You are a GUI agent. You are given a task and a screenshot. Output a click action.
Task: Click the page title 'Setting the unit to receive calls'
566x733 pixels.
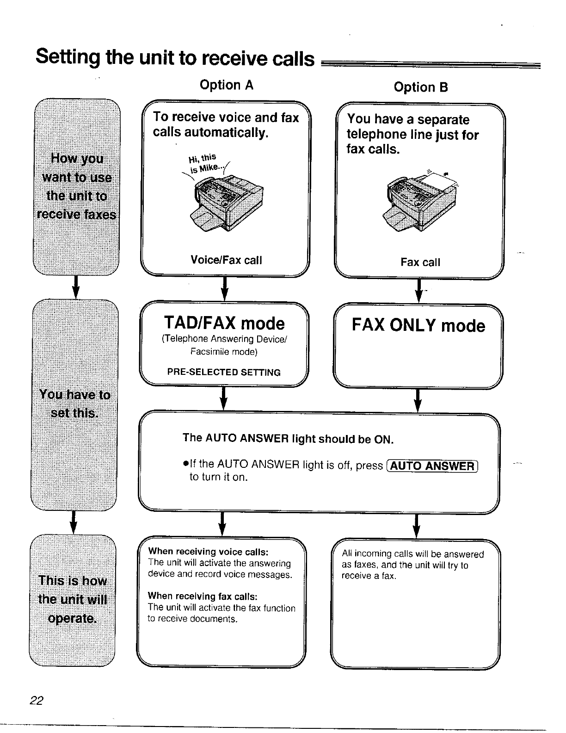[175, 58]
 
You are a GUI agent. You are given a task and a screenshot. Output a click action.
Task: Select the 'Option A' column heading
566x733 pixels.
[226, 85]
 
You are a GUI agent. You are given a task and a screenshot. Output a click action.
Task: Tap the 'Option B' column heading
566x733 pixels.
[421, 87]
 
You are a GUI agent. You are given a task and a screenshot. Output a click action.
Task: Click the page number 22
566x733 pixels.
[36, 701]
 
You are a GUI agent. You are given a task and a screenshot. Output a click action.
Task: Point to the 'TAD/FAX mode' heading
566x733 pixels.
[224, 323]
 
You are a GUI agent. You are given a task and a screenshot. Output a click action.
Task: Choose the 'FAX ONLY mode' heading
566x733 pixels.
[418, 325]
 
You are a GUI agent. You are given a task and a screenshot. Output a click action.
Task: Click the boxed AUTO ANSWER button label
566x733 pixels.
[432, 466]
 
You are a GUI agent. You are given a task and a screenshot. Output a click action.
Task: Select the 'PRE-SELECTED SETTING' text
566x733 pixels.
[224, 373]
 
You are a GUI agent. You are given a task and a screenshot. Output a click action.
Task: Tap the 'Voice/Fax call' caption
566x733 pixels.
[226, 260]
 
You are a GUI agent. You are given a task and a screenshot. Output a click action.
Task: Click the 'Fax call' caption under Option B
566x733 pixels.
[420, 262]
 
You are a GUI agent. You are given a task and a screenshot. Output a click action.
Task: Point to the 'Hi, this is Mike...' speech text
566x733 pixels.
[203, 163]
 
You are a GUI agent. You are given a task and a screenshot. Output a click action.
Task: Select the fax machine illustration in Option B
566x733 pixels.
[421, 199]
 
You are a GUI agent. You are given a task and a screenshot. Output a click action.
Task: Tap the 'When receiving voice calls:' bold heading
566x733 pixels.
[208, 552]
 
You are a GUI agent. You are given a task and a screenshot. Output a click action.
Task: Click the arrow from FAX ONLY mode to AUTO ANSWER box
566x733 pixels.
[418, 400]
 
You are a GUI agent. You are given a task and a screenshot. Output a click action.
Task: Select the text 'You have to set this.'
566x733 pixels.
[75, 404]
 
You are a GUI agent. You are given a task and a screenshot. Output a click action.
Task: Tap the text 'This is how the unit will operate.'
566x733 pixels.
[73, 599]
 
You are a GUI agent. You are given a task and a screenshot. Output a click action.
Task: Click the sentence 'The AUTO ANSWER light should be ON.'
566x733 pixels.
[288, 438]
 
